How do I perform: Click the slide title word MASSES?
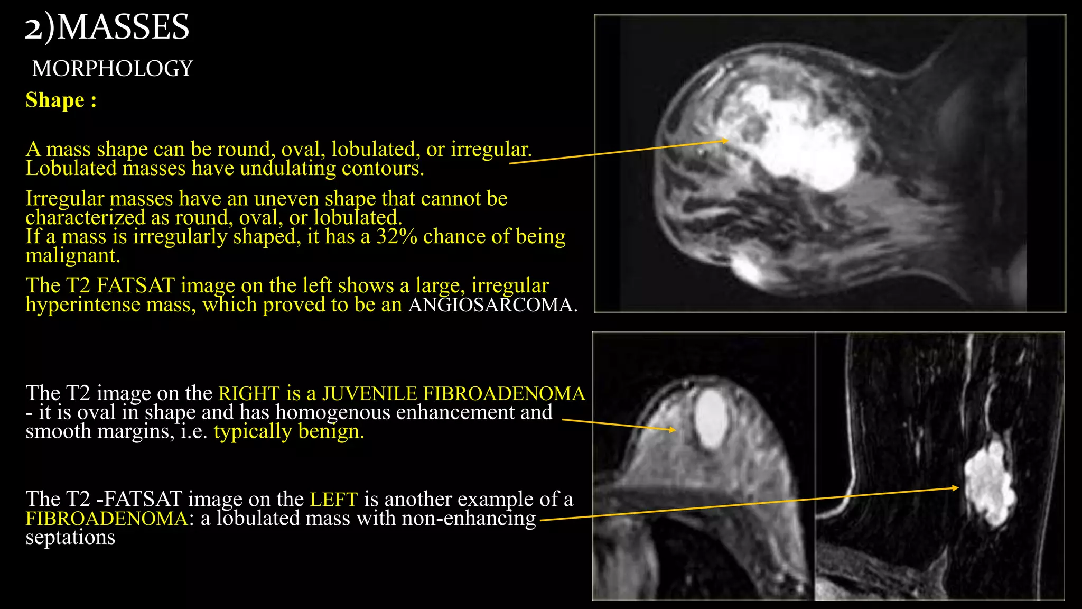123,27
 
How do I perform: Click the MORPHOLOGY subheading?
113,69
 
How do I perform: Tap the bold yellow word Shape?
55,100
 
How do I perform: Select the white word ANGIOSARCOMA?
491,305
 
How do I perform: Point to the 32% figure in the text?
396,237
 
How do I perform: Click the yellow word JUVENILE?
369,394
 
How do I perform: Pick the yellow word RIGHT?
249,394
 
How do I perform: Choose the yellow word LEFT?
333,500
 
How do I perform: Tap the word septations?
70,538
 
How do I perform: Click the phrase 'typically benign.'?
288,432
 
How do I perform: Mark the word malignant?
73,256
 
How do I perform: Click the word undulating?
287,169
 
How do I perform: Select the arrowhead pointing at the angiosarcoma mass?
726,141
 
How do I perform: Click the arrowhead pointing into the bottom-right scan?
955,487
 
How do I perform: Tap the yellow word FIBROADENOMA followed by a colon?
106,519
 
